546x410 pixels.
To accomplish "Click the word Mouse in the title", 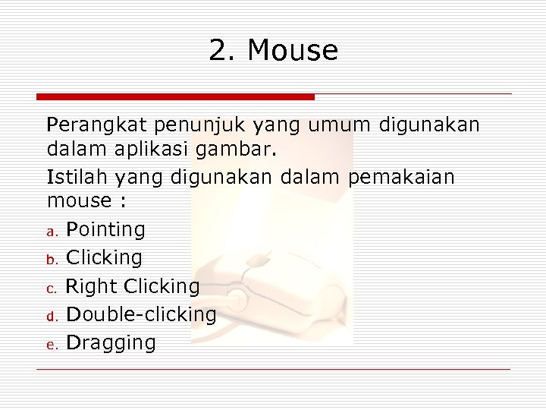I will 293,51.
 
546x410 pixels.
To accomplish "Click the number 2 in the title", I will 218,51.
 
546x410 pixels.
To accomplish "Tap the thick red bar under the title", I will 175,97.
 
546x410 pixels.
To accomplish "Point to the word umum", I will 342,124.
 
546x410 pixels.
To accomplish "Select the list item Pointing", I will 105,229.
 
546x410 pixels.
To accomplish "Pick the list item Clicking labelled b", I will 104,257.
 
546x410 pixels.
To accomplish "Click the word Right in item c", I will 92,286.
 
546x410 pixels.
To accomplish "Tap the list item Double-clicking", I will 141,314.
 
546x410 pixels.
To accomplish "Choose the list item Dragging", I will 111,343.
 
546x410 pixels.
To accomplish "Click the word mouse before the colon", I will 79,201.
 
